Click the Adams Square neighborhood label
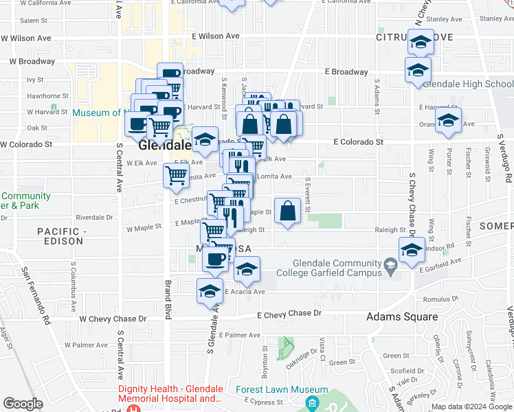click(x=402, y=317)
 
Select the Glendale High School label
click(x=467, y=84)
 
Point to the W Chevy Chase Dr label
click(x=113, y=319)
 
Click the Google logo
click(x=23, y=404)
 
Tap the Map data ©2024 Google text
click(x=470, y=407)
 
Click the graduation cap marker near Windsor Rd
click(x=412, y=250)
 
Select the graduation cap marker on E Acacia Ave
click(x=210, y=291)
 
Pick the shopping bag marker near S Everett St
click(x=288, y=211)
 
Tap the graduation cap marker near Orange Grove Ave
click(x=448, y=121)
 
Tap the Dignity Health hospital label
click(x=170, y=393)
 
